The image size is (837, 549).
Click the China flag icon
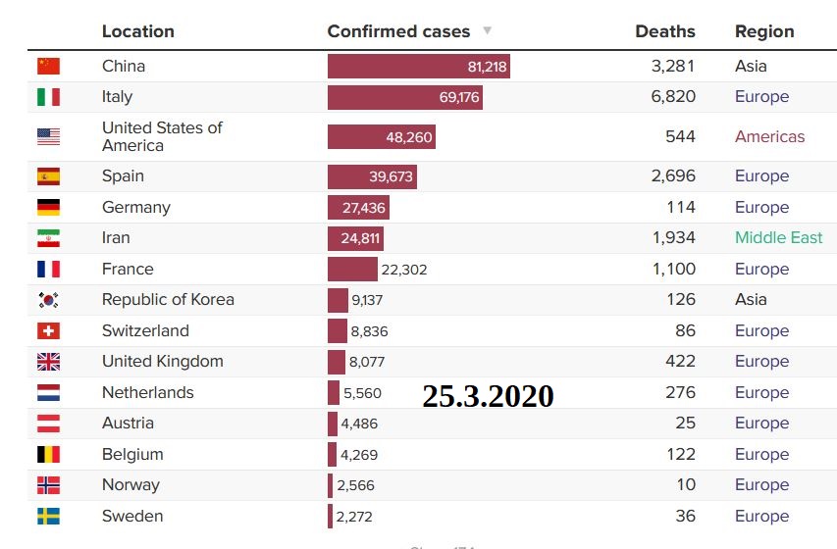(48, 67)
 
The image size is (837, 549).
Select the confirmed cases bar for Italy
(404, 97)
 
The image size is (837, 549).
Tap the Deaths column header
(665, 31)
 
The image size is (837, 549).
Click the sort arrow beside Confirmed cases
(488, 31)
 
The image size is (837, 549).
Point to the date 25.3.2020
(488, 396)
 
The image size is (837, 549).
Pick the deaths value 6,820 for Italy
(673, 97)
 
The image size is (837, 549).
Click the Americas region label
(769, 137)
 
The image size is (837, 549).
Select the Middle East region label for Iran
(778, 238)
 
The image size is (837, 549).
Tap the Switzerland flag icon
(48, 331)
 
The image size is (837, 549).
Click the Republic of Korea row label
(168, 300)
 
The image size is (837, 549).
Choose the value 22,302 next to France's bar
(402, 270)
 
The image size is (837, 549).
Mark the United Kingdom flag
(48, 362)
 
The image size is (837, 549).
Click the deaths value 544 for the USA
(680, 137)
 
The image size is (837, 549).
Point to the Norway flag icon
(48, 485)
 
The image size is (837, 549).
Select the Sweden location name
(132, 517)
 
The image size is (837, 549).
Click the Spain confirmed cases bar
(372, 176)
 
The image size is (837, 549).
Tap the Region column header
(764, 31)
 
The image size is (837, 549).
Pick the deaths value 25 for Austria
(685, 424)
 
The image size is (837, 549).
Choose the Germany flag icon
(48, 208)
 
